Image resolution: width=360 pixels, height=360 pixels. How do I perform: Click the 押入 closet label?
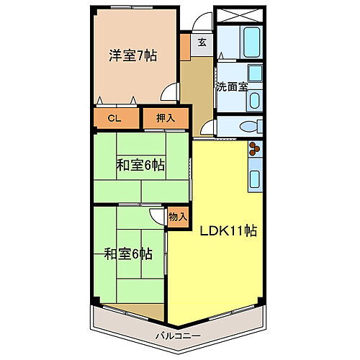tap(165, 117)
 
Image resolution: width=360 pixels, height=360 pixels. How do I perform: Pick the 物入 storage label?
tap(178, 216)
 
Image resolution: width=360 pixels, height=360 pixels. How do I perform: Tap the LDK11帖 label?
tap(229, 232)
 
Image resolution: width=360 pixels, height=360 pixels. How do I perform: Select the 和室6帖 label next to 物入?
tap(127, 253)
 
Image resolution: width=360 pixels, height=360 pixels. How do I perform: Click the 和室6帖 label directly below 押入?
tap(141, 165)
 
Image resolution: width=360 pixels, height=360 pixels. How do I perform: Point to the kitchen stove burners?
tap(256, 150)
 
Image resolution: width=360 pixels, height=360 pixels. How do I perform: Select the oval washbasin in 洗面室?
tap(256, 101)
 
